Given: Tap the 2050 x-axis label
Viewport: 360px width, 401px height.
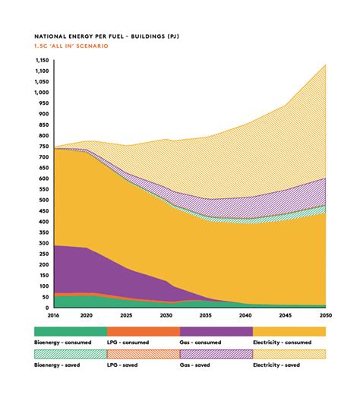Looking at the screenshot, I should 326,315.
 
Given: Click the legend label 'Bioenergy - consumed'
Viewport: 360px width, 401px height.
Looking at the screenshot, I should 64,343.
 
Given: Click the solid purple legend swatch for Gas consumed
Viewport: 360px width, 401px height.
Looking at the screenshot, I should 216,331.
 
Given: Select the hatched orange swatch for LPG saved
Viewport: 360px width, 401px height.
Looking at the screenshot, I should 143,353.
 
